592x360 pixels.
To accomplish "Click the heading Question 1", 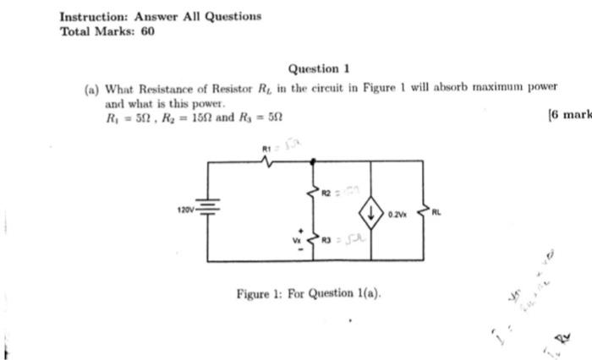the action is pos(319,68).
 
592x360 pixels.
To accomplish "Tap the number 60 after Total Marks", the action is pos(147,31).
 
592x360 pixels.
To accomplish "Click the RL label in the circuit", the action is pos(436,213).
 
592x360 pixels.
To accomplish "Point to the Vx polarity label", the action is pos(297,239).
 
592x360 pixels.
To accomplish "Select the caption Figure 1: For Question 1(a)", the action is pos(309,293).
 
